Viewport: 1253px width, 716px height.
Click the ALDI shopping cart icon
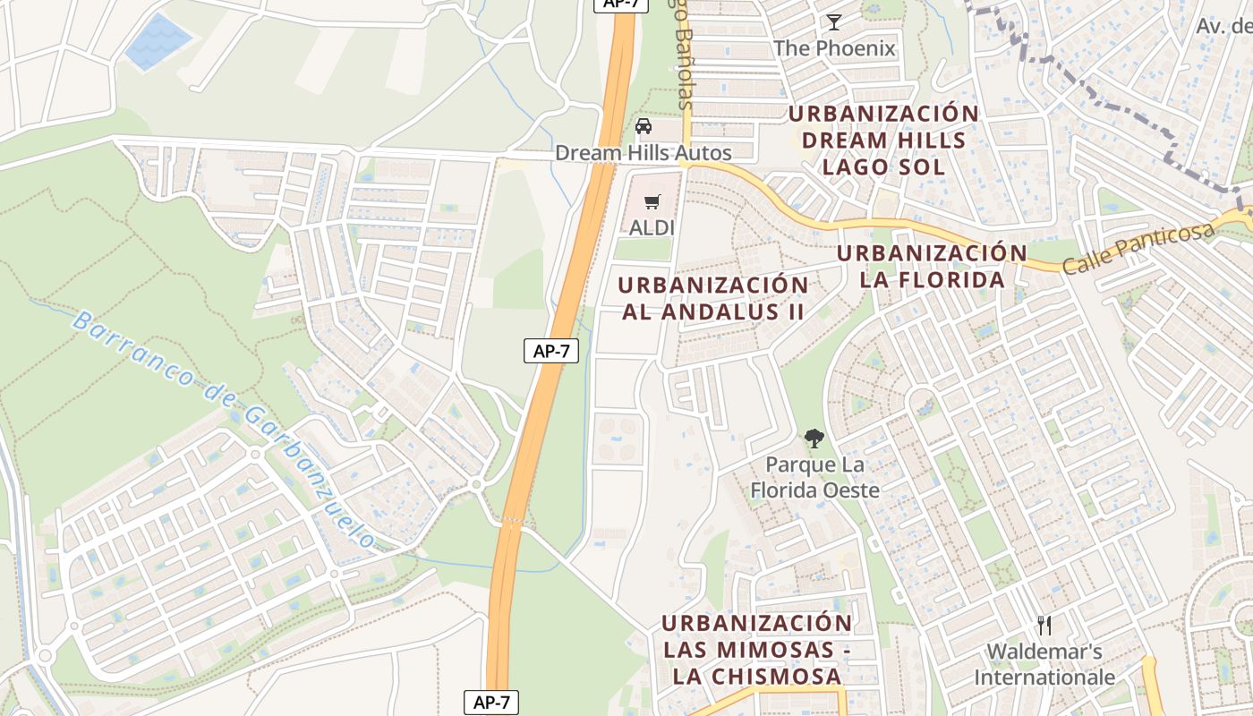pos(652,201)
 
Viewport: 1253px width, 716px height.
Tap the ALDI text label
pos(652,228)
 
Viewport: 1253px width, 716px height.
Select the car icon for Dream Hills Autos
pos(643,126)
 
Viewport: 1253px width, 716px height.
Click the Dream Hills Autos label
pos(643,153)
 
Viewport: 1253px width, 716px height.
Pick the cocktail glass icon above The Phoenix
pos(834,22)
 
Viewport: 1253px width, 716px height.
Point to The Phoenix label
pos(834,48)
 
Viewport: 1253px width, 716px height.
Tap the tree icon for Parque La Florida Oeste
pos(814,439)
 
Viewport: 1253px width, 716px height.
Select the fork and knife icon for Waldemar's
pos(1044,625)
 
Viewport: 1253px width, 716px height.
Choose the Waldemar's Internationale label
pos(1044,664)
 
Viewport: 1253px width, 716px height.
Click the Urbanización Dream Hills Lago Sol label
pos(883,141)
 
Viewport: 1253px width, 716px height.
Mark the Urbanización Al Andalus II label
pos(713,299)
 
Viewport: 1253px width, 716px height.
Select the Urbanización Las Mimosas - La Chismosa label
pos(757,650)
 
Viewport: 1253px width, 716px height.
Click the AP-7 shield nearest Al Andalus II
pos(551,352)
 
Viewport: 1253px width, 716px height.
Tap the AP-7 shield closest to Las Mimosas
pos(491,703)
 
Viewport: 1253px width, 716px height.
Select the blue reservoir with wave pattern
pos(158,41)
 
